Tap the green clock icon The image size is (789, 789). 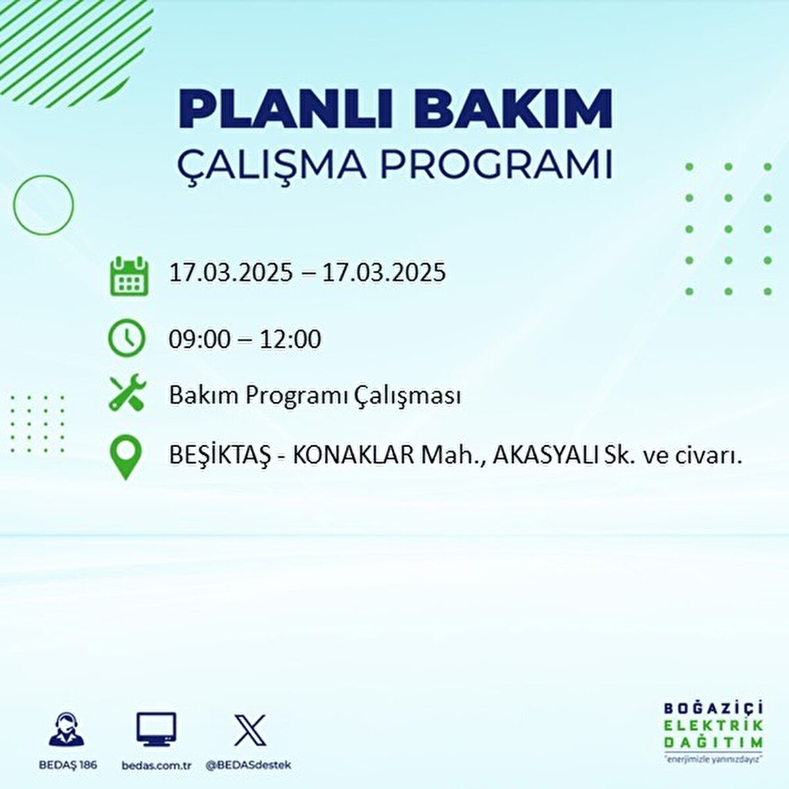click(x=126, y=338)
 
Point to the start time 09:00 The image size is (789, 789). click(x=199, y=339)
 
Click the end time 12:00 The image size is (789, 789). click(x=290, y=339)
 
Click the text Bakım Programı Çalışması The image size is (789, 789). click(x=314, y=396)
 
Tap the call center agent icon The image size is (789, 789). click(x=66, y=729)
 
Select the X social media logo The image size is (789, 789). click(x=250, y=730)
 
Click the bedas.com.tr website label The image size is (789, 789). click(x=156, y=765)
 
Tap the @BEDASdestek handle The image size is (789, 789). click(x=249, y=765)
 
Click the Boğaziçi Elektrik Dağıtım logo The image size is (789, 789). click(x=713, y=730)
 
